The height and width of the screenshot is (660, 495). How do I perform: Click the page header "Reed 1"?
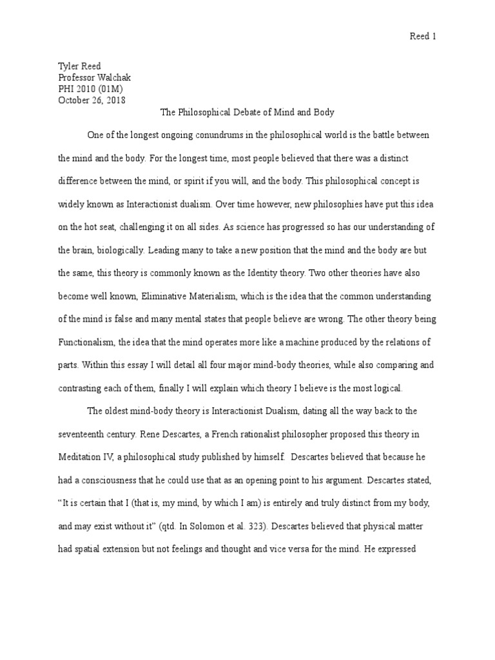(423, 37)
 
